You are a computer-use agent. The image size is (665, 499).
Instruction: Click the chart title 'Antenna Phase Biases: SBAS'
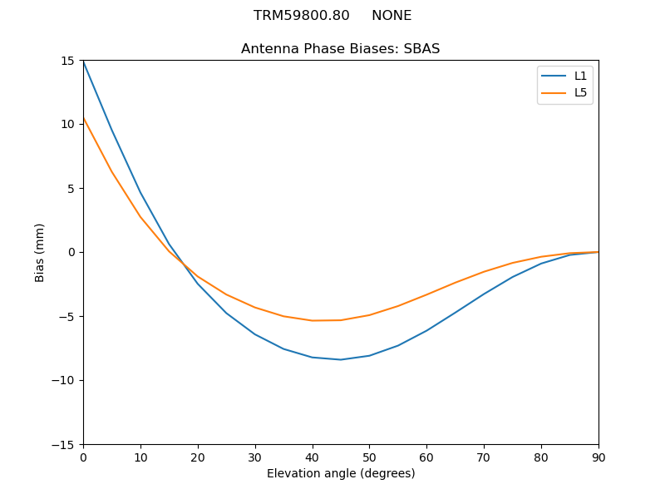coord(340,49)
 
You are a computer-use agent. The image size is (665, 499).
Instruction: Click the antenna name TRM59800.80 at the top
coord(302,16)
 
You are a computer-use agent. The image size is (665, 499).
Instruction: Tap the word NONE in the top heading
coord(392,16)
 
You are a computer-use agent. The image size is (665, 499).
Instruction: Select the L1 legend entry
coord(580,76)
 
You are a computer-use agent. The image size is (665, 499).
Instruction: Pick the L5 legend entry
coord(580,92)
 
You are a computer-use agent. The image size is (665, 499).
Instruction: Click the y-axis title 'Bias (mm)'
coord(40,252)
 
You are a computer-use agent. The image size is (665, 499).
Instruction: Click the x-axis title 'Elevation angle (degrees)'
coord(341,474)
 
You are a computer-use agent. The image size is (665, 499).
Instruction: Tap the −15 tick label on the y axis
coord(66,445)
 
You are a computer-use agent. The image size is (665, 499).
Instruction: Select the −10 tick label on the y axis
coord(66,381)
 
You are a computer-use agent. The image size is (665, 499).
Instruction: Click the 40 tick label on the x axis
coord(313,457)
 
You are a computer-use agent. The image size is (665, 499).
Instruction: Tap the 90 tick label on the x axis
coord(598,457)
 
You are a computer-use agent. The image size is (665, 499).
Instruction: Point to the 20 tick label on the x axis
coord(198,457)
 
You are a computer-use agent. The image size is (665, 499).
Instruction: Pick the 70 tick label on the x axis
coord(484,457)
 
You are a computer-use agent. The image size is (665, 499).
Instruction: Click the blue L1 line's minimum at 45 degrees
coord(341,359)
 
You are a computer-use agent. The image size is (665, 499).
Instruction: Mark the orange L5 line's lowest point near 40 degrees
coord(313,321)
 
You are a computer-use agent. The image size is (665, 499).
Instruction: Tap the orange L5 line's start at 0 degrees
coord(84,118)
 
